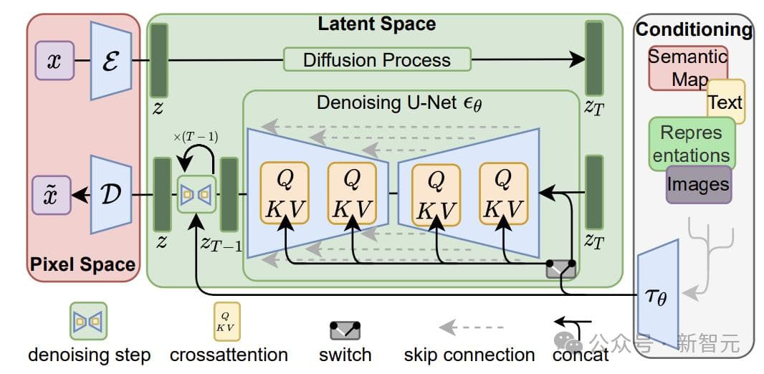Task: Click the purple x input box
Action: click(x=54, y=60)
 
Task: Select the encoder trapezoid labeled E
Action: click(x=111, y=60)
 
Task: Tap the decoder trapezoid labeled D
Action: click(x=111, y=194)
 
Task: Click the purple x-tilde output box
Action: click(x=52, y=195)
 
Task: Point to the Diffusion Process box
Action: click(x=377, y=59)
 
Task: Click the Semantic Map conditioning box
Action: click(x=687, y=67)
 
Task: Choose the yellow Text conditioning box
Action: click(x=725, y=102)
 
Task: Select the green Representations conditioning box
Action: click(x=691, y=143)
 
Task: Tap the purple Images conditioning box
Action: click(x=698, y=184)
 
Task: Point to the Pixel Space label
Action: click(x=82, y=264)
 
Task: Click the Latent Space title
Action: click(x=376, y=23)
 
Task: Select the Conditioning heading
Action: click(x=694, y=29)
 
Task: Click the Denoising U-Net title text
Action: click(x=399, y=102)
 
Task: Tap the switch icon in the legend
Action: click(x=345, y=330)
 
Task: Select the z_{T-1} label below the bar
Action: click(x=221, y=245)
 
